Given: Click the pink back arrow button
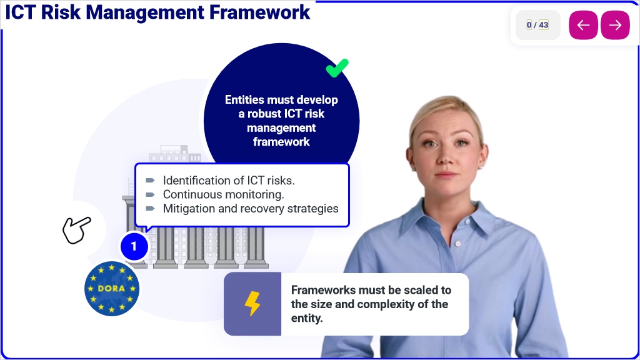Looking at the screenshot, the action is click(583, 25).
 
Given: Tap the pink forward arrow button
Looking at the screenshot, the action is click(615, 25).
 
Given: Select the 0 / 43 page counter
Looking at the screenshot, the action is click(537, 25).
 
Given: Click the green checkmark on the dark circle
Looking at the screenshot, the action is click(337, 67).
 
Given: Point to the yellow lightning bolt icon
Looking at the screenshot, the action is click(252, 303).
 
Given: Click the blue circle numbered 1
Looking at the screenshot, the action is click(134, 246).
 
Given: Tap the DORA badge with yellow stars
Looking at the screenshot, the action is click(112, 289).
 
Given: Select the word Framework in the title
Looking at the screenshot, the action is click(259, 12).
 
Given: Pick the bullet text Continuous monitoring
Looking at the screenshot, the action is click(223, 194).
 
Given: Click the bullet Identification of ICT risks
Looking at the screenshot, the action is click(229, 181).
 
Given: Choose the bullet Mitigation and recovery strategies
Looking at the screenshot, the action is click(251, 209).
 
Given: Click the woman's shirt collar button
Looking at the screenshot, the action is click(458, 244).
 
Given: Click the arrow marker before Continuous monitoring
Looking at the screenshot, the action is click(150, 195).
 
